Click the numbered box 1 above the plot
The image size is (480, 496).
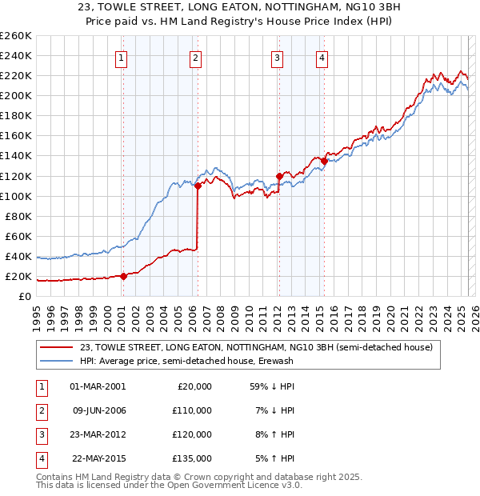[121, 57]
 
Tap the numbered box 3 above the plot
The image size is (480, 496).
[277, 57]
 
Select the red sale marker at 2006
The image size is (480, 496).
[198, 186]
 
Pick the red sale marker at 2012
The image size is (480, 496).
[279, 176]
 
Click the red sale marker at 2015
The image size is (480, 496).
[324, 161]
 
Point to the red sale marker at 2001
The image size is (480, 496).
[123, 276]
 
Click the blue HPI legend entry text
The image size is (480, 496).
[186, 361]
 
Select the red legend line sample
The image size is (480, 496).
[57, 347]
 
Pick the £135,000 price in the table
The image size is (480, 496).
[192, 458]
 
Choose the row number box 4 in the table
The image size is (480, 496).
[40, 458]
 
